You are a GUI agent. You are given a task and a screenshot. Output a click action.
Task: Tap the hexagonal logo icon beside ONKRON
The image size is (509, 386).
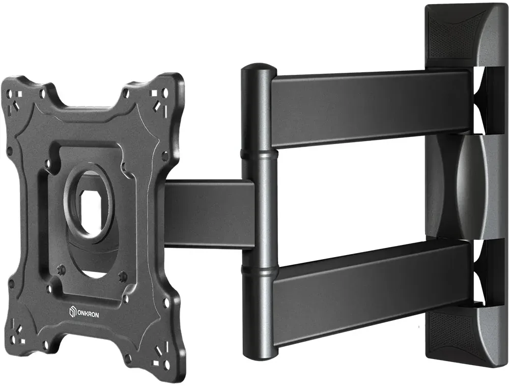(x=72, y=312)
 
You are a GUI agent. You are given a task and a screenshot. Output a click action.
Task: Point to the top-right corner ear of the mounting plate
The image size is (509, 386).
(x=155, y=94)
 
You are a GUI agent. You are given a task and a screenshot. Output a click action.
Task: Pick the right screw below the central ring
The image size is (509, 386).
(x=122, y=277)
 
